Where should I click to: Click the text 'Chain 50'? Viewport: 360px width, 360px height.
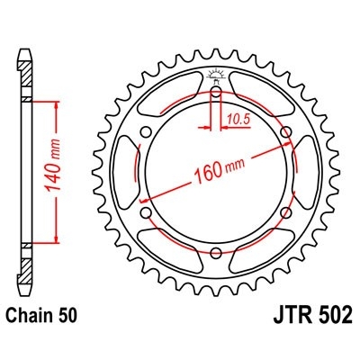click(45, 317)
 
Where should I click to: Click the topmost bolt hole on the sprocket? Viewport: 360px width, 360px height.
click(216, 92)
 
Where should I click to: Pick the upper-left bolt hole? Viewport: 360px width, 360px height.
click(145, 133)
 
